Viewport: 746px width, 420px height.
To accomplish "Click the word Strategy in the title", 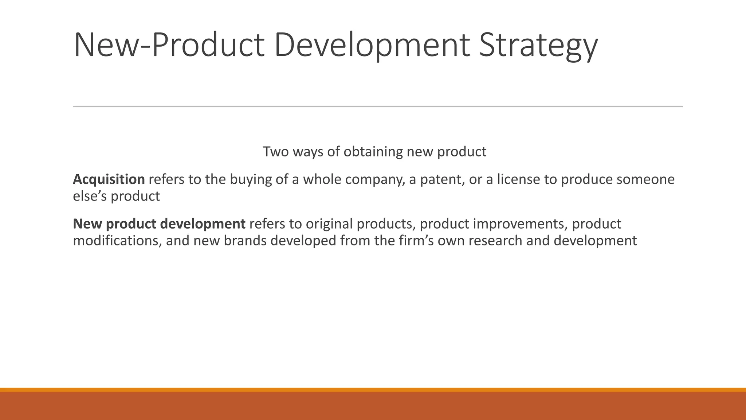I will [538, 46].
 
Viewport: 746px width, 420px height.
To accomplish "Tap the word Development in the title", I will [372, 46].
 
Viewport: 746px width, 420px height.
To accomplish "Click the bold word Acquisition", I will [109, 179].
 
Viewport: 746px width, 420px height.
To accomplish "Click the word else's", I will [90, 196].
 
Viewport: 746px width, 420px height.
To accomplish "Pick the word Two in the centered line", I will [275, 152].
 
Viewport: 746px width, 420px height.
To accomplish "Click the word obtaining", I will [373, 152].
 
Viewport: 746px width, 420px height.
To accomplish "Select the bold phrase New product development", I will [159, 223].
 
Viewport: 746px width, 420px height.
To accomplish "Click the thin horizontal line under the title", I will [378, 106].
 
